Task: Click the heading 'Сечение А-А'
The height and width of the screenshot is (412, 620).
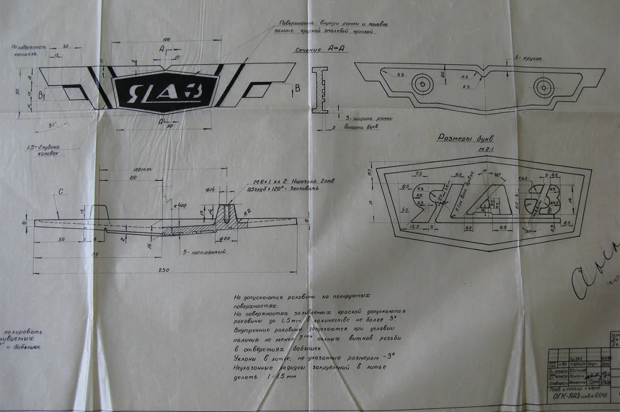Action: [314, 49]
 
